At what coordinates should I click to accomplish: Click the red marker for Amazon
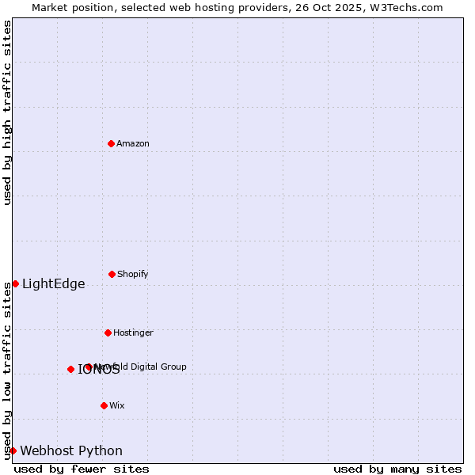[111, 143]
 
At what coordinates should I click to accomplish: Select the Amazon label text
[133, 143]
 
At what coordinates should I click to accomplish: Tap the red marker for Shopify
[112, 274]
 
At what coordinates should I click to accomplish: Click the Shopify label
[133, 274]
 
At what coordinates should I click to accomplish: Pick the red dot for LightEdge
[15, 283]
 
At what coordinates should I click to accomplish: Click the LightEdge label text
[53, 284]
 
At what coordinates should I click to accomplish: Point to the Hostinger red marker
[108, 332]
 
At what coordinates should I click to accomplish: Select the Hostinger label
[133, 332]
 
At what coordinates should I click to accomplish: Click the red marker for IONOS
[70, 369]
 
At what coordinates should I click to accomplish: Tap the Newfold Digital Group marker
[88, 367]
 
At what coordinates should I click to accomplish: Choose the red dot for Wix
[104, 405]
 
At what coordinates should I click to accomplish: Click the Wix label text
[117, 405]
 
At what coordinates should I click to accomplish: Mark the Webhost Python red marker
[13, 450]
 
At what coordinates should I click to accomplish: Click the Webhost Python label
[71, 451]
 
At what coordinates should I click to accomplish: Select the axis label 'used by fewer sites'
[82, 469]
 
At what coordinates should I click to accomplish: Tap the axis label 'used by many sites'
[397, 469]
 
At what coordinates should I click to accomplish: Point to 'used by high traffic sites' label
[8, 112]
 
